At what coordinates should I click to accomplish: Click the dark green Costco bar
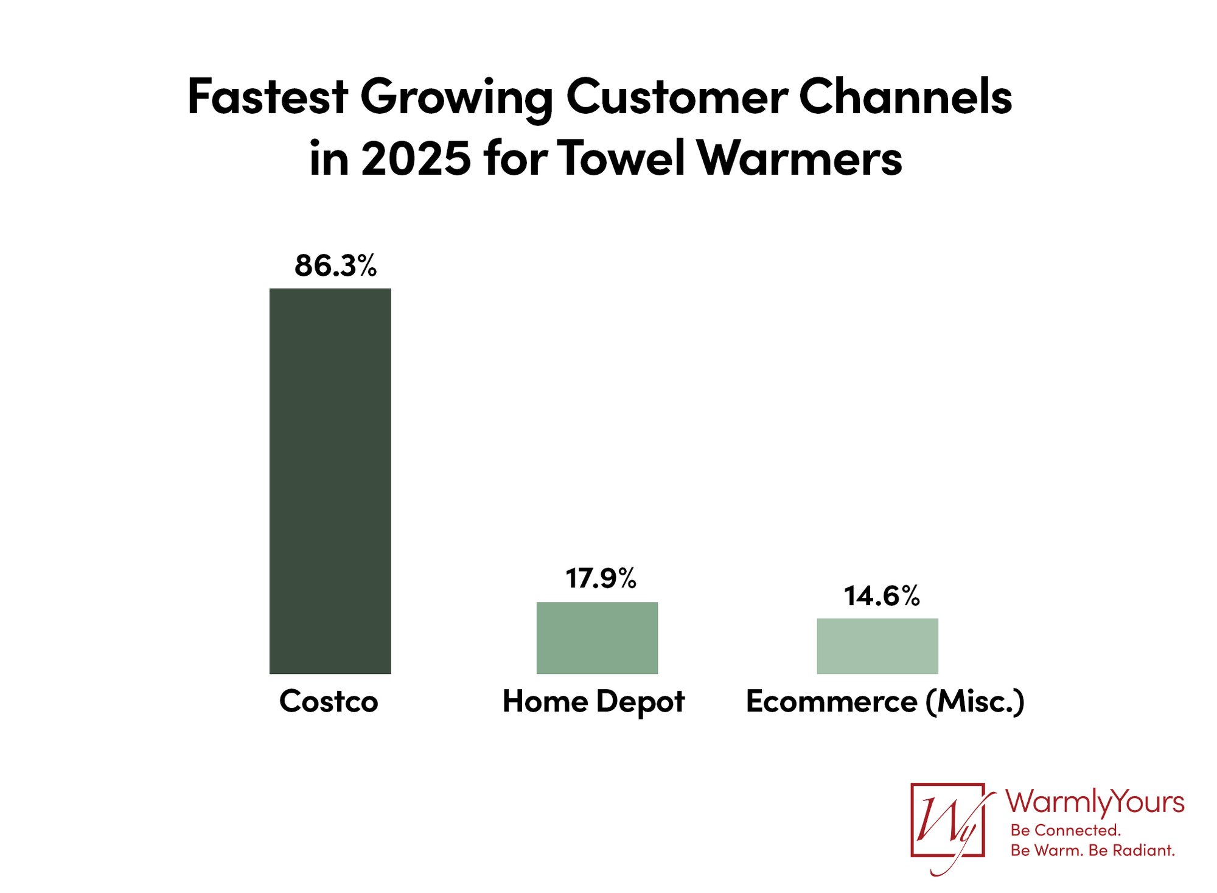click(x=330, y=481)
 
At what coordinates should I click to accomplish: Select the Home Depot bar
click(x=597, y=637)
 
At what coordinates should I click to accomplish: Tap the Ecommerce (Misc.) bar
click(x=877, y=646)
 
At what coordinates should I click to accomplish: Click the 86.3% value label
click(x=336, y=266)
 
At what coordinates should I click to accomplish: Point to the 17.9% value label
click(x=601, y=578)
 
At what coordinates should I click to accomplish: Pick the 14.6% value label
click(x=882, y=596)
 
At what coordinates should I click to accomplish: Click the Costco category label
click(x=329, y=701)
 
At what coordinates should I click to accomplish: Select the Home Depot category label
click(x=593, y=702)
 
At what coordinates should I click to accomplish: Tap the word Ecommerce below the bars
click(x=831, y=701)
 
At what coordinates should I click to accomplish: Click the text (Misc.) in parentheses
click(x=975, y=702)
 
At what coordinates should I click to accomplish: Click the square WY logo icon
click(x=947, y=821)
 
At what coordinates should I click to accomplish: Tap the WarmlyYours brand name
click(x=1094, y=802)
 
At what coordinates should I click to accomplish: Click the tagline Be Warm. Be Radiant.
click(x=1092, y=850)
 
